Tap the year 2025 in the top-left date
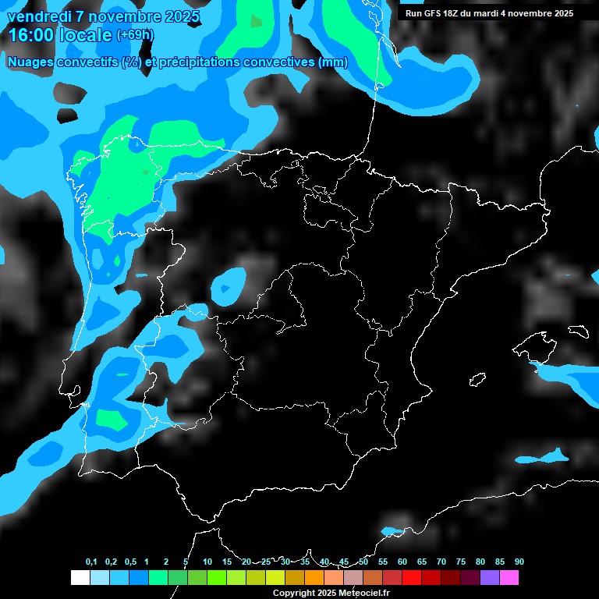(179, 16)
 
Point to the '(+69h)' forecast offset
(135, 35)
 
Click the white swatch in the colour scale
(80, 578)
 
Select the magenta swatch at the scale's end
(509, 578)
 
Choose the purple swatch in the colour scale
(489, 578)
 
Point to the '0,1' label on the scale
(91, 562)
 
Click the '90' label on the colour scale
(519, 562)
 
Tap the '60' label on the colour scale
(402, 562)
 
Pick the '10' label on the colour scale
(207, 562)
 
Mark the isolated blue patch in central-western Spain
(229, 285)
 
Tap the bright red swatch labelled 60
(411, 578)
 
